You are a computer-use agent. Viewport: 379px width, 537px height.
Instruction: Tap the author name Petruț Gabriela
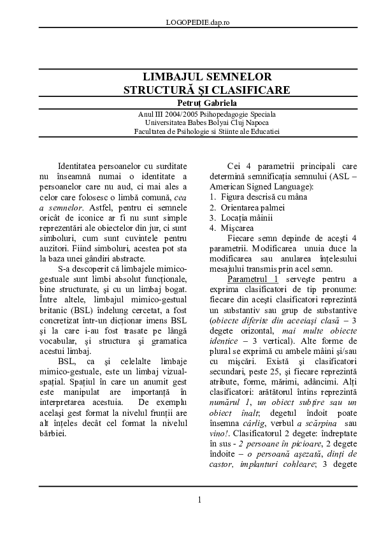click(198, 102)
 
